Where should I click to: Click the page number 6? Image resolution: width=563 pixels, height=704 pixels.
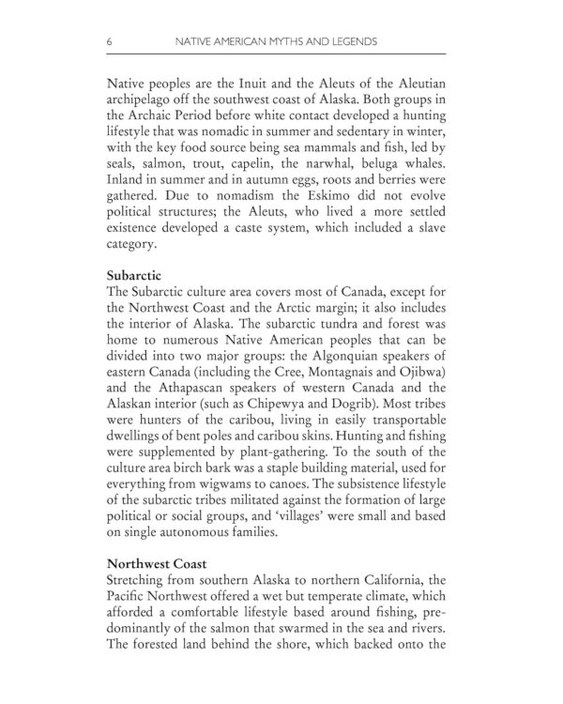click(111, 42)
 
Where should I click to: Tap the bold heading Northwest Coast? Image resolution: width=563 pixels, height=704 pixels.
click(157, 564)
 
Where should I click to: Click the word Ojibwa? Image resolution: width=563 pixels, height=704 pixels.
click(427, 372)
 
